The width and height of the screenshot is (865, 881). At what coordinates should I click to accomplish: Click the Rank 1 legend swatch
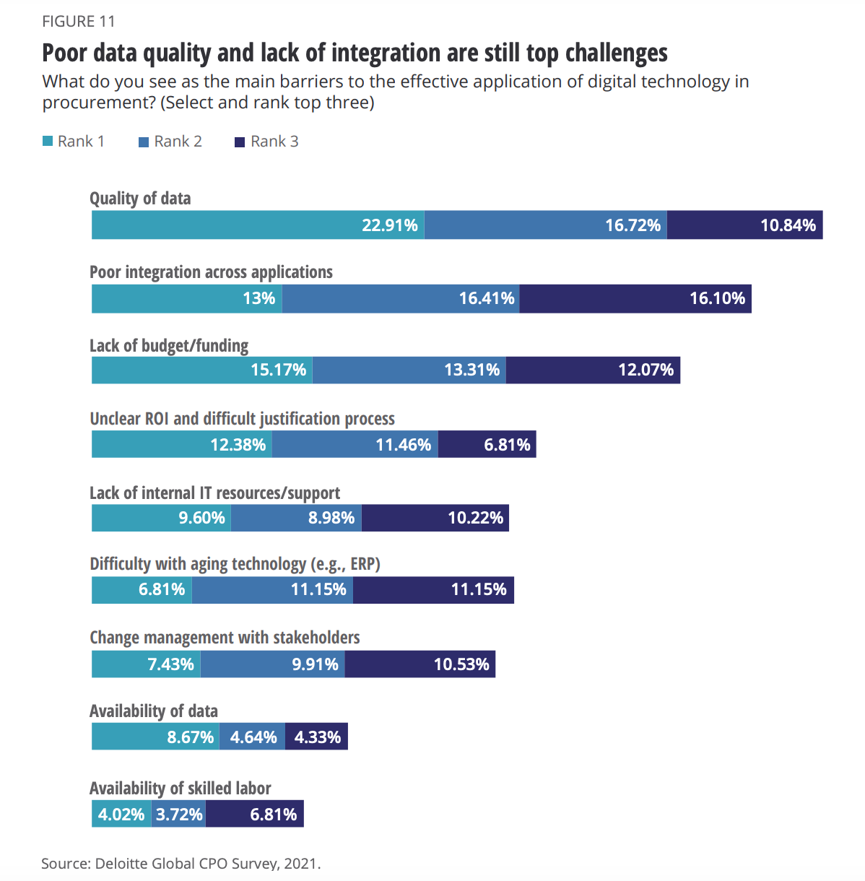(x=48, y=142)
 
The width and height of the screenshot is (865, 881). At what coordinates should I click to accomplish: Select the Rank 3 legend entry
(x=266, y=142)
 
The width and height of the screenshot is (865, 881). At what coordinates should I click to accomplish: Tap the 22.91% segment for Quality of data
(x=258, y=225)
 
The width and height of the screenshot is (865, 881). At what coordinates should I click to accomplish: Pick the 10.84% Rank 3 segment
(x=744, y=225)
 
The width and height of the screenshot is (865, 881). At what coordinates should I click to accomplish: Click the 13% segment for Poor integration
(x=186, y=298)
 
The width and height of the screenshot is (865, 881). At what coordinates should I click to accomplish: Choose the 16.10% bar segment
(x=635, y=298)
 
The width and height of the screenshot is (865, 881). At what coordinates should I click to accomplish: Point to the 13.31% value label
(x=471, y=370)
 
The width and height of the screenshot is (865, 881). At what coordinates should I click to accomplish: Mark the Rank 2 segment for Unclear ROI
(x=355, y=444)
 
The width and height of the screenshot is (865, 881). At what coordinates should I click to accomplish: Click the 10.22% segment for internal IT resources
(x=435, y=518)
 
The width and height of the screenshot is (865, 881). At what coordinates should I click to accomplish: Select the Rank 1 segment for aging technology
(x=142, y=589)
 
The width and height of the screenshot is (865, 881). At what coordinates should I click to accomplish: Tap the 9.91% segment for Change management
(x=272, y=664)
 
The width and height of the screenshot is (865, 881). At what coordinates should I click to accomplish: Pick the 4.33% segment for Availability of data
(x=316, y=737)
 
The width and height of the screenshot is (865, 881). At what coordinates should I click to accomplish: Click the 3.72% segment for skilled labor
(x=178, y=814)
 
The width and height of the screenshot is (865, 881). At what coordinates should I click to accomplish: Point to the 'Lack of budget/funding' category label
(x=169, y=346)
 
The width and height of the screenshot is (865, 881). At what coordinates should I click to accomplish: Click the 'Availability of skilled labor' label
(x=181, y=788)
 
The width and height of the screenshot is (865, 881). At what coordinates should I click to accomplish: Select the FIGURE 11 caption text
(x=79, y=22)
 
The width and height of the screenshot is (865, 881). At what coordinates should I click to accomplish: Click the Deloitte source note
(x=181, y=863)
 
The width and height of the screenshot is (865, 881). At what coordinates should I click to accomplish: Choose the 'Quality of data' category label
(x=140, y=199)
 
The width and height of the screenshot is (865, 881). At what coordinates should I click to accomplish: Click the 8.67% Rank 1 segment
(x=155, y=737)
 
